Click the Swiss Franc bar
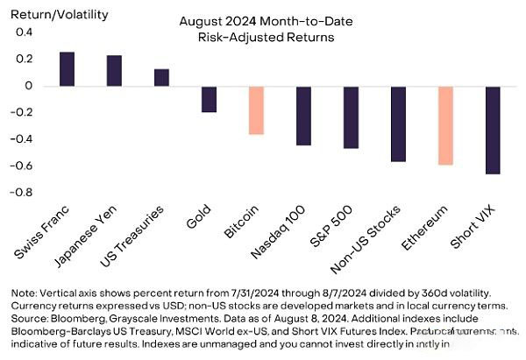(x=67, y=69)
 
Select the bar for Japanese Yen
(x=114, y=71)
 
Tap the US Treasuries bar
(x=161, y=77)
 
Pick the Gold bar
(x=209, y=99)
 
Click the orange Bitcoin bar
(x=256, y=109)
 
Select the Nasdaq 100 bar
(x=303, y=116)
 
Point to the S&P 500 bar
(x=351, y=116)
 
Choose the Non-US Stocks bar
(x=398, y=124)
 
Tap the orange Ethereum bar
(x=445, y=125)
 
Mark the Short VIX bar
(x=493, y=130)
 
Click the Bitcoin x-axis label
(x=245, y=223)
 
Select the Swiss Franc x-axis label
(x=46, y=231)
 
